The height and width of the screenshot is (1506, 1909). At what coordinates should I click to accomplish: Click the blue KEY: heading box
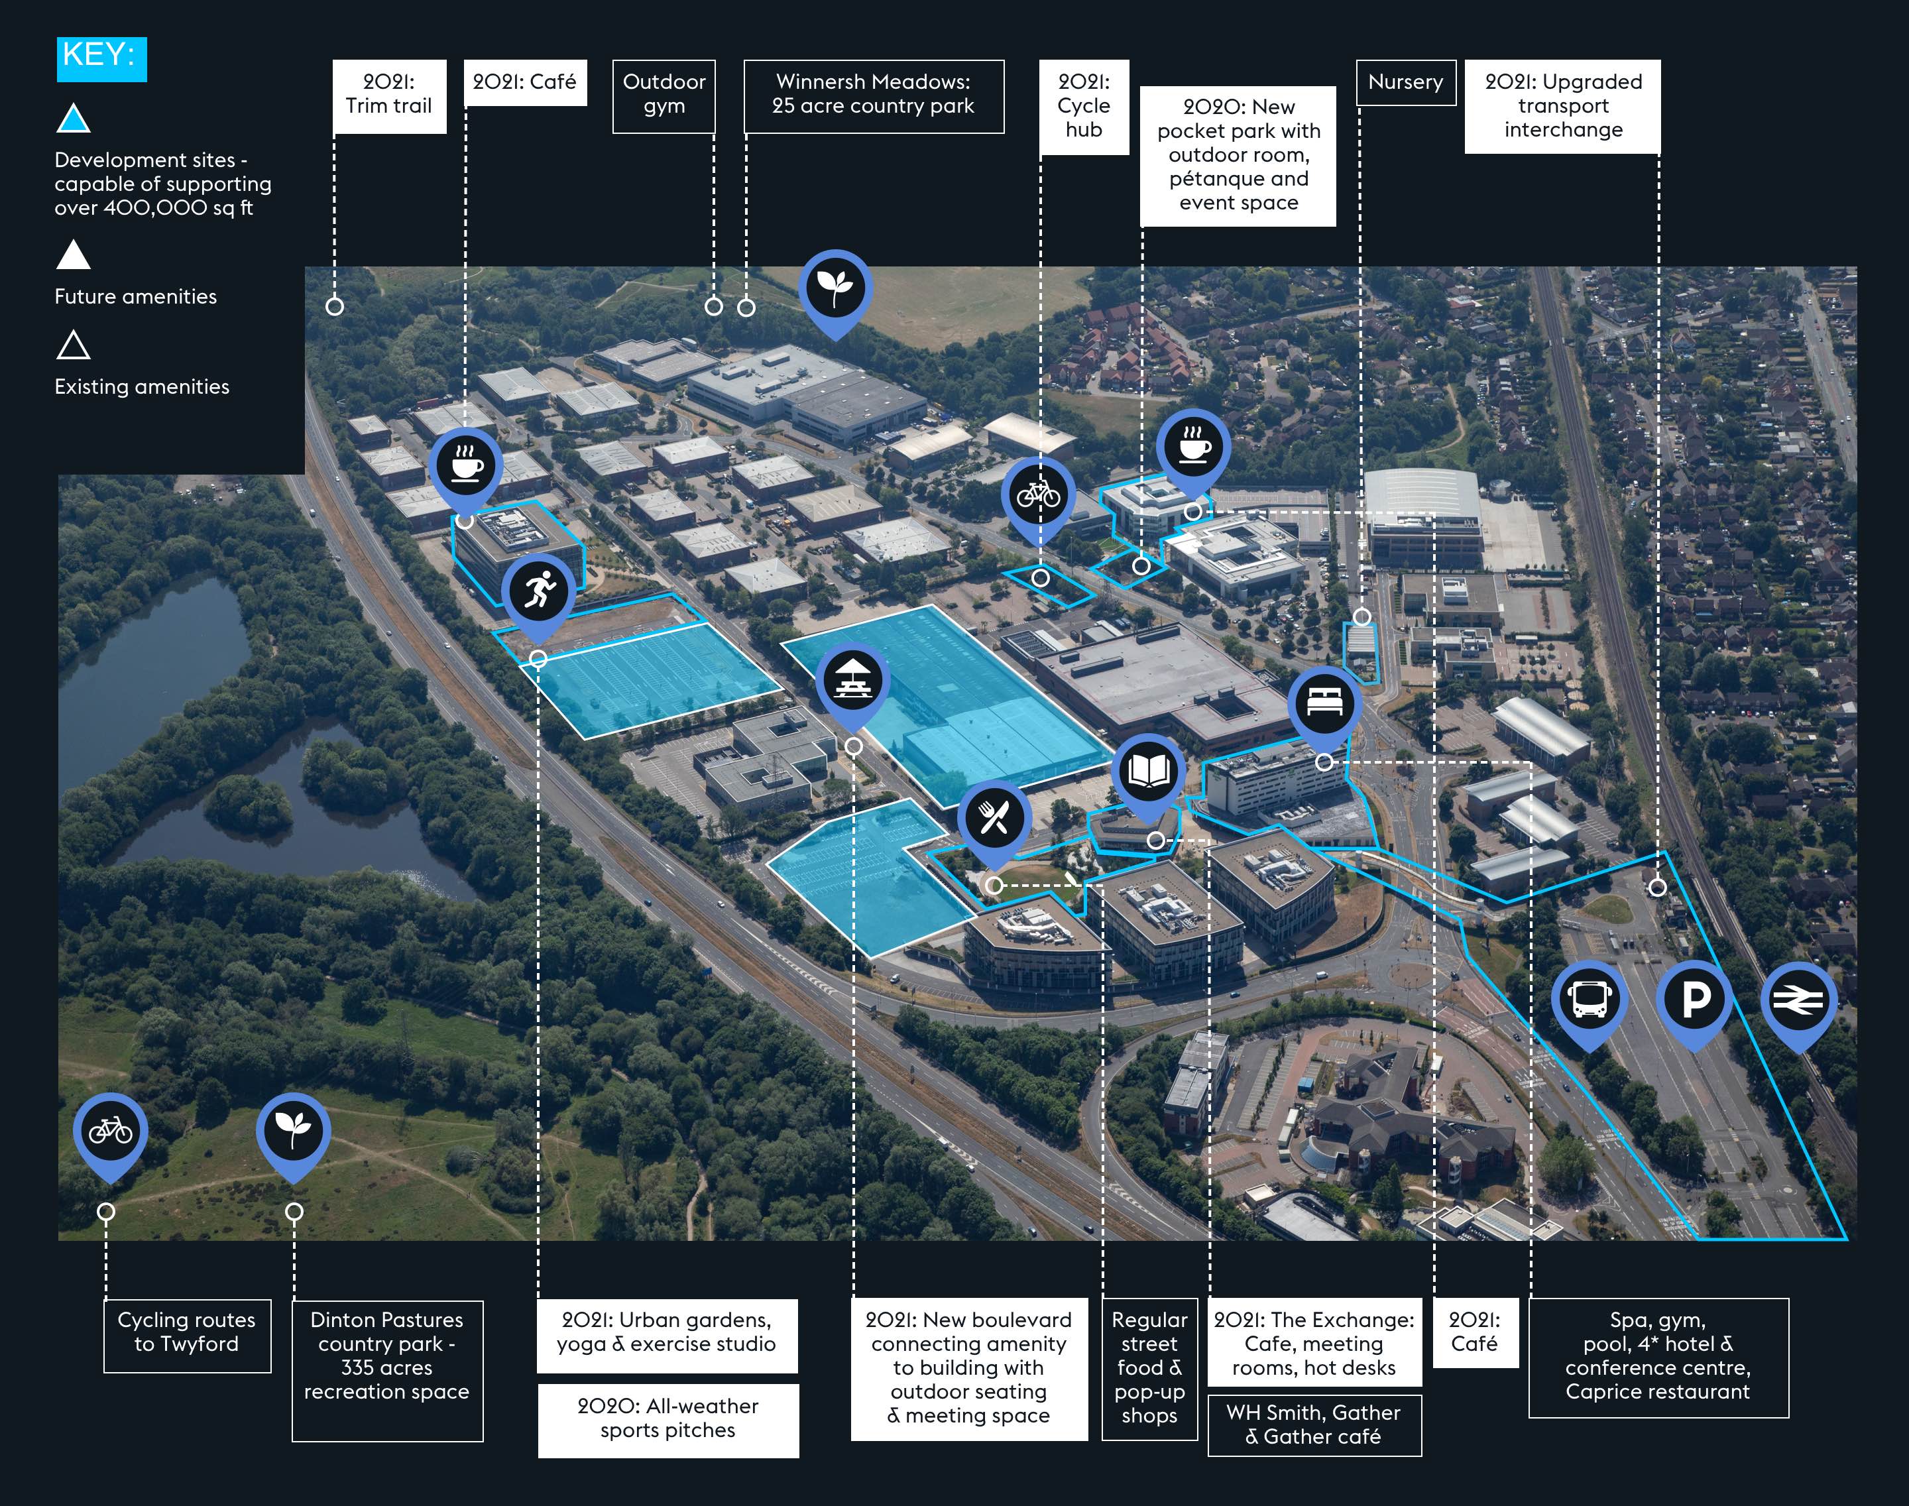point(101,59)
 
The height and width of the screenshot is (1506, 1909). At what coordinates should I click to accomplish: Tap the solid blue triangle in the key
point(73,120)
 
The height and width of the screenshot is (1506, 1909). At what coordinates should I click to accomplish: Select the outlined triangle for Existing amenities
point(73,345)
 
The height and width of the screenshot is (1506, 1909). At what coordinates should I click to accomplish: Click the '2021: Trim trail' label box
point(389,96)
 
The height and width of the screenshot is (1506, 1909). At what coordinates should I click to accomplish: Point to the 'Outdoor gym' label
point(664,96)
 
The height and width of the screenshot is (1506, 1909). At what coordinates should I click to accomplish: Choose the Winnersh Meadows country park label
point(874,96)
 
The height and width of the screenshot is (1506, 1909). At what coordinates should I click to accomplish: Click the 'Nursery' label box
point(1405,82)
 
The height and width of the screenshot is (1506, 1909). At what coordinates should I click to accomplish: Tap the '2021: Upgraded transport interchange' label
point(1562,107)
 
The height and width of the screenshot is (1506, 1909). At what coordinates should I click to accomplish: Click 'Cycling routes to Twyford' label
point(187,1335)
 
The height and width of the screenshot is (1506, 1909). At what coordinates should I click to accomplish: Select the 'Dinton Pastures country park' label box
point(387,1370)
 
